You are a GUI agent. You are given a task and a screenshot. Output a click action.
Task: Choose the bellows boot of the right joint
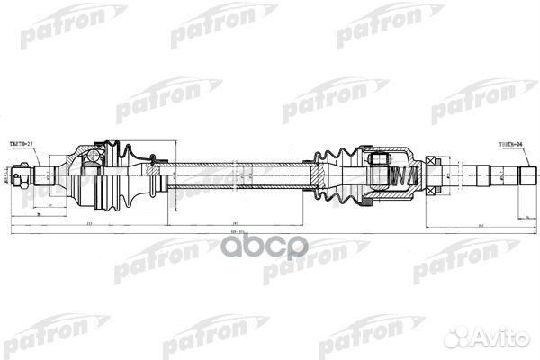pyautogui.click(x=335, y=175)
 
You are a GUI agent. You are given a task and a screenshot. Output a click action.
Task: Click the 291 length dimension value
pyautogui.click(x=233, y=221)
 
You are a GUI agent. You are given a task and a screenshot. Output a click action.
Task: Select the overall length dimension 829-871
pyautogui.click(x=271, y=231)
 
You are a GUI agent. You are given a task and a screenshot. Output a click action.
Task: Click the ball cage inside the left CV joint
pyautogui.click(x=90, y=171)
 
